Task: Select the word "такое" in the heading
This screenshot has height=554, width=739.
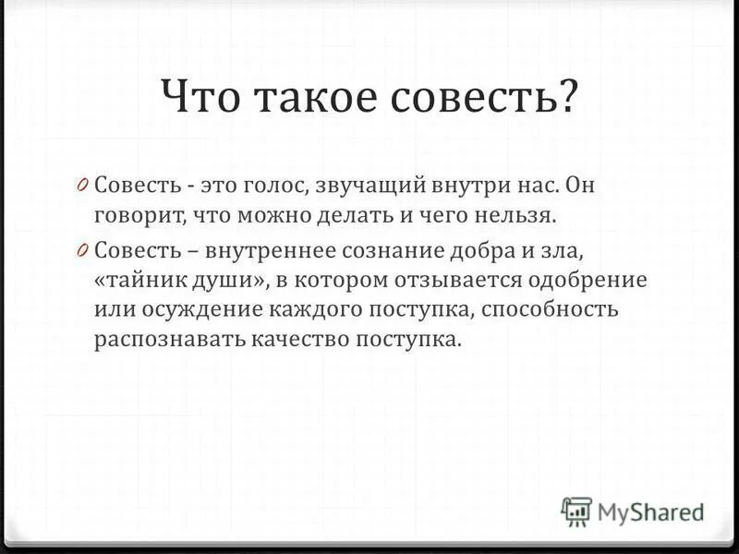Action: coord(299,98)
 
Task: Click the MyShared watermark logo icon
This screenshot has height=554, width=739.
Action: coord(576,511)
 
